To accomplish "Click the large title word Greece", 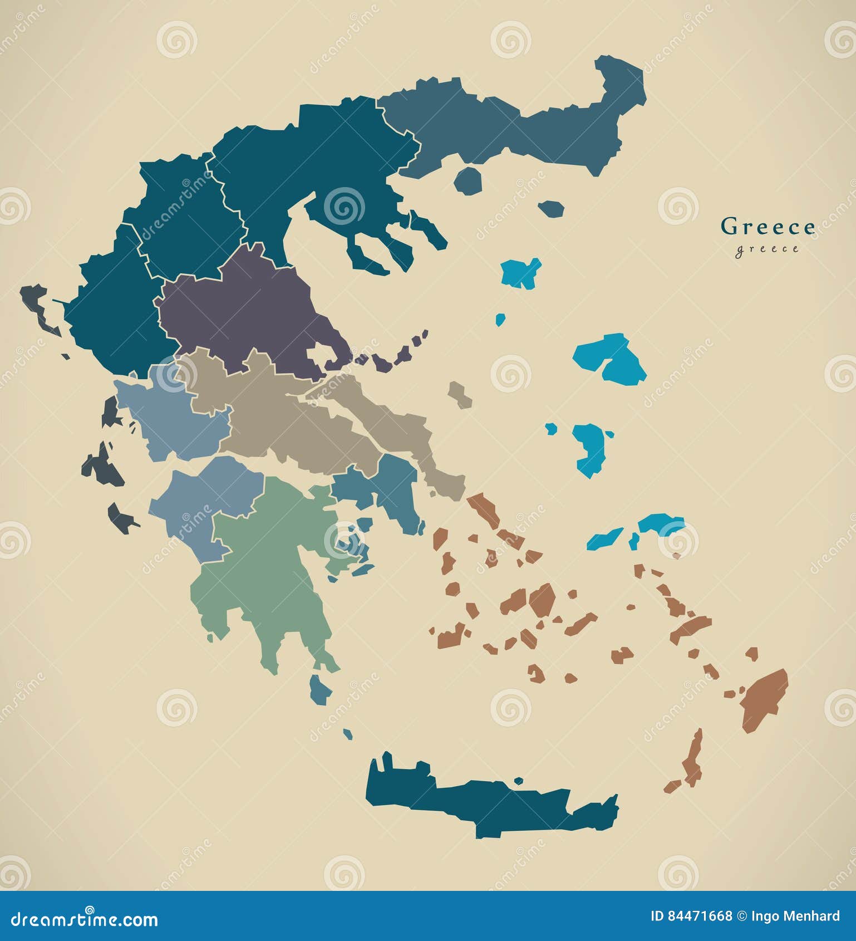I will pyautogui.click(x=768, y=227).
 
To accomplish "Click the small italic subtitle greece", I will pyautogui.click(x=767, y=249).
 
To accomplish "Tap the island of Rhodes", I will pyautogui.click(x=765, y=699).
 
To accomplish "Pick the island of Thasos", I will pyautogui.click(x=468, y=180).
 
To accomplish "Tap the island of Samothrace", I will pyautogui.click(x=552, y=209).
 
